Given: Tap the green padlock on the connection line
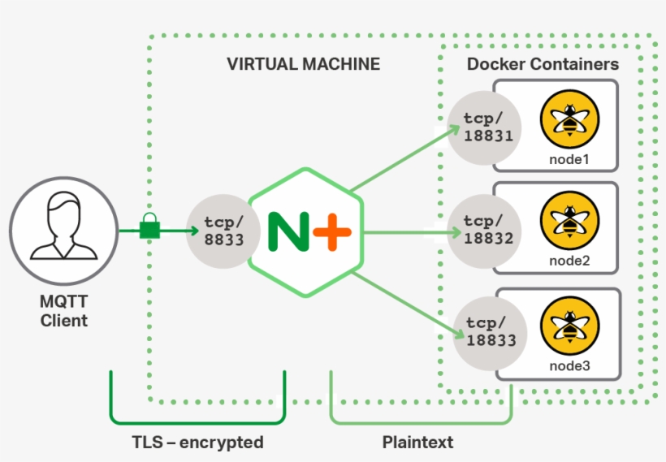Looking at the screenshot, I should pos(149,228).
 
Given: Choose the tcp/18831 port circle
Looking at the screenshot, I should pos(486,127).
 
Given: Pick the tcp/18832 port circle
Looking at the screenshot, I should pos(486,231).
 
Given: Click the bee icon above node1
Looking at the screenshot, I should pos(569,119).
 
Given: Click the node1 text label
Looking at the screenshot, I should pos(569,159).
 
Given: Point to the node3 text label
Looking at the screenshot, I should pos(569,366).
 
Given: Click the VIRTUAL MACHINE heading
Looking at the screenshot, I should pos(303,64).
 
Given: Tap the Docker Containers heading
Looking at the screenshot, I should pos(543,64).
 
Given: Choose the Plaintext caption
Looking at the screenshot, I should pos(417,443).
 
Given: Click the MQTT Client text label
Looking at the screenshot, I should pos(64,311).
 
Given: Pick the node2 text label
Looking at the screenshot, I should pos(569,261).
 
